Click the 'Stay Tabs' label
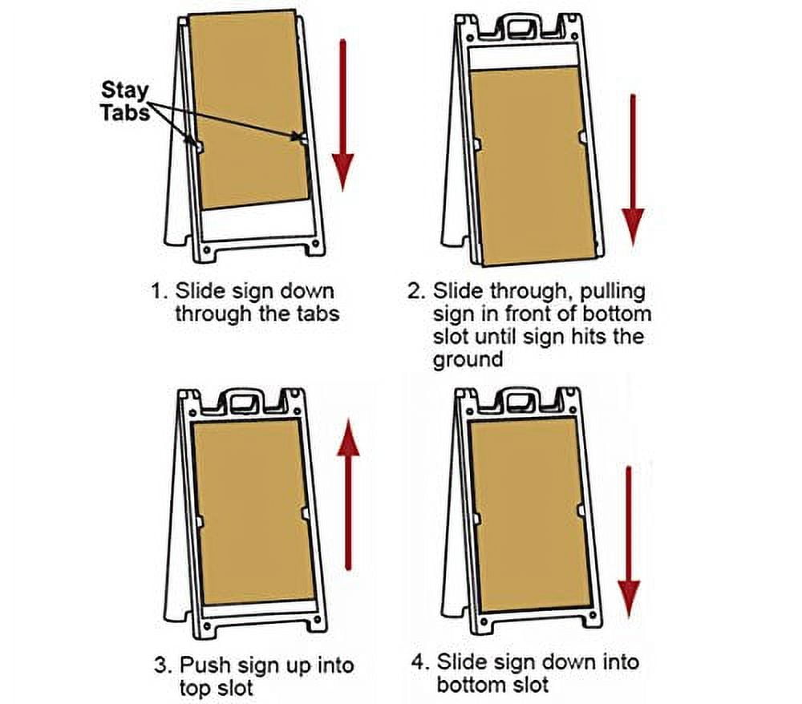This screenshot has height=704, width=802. click(124, 101)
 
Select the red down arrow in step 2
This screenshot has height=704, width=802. click(633, 168)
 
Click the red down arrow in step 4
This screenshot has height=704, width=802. click(629, 545)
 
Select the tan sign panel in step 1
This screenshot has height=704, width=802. click(249, 108)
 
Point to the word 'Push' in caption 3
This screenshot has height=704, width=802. click(204, 666)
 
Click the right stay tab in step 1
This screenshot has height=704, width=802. click(302, 139)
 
